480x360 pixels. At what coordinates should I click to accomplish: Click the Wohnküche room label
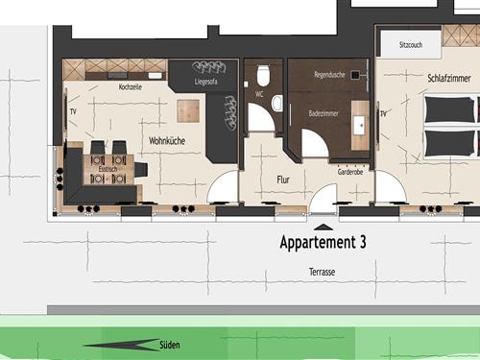167,141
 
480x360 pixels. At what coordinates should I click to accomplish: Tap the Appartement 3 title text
323,242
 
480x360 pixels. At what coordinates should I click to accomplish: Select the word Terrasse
323,272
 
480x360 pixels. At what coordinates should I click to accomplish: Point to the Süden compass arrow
121,345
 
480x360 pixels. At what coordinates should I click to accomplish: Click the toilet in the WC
263,76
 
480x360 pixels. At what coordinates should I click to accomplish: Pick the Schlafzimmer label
449,78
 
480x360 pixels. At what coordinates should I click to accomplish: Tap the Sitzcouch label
411,45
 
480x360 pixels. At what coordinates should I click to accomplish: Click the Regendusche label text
329,75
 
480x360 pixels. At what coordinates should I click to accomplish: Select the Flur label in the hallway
283,180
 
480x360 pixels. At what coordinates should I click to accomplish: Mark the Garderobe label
350,172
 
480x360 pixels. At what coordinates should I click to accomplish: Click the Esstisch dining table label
108,169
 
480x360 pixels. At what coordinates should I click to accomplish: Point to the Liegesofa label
205,82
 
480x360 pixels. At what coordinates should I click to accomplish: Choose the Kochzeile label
131,87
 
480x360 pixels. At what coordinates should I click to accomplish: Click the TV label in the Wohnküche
73,111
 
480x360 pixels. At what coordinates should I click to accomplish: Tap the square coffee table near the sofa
188,111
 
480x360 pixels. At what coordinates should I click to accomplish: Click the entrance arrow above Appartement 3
324,227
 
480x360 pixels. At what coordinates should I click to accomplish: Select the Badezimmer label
324,113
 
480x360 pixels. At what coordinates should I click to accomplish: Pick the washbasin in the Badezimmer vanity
361,125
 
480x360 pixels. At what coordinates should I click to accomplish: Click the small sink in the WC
277,103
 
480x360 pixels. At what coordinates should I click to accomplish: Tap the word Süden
170,345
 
